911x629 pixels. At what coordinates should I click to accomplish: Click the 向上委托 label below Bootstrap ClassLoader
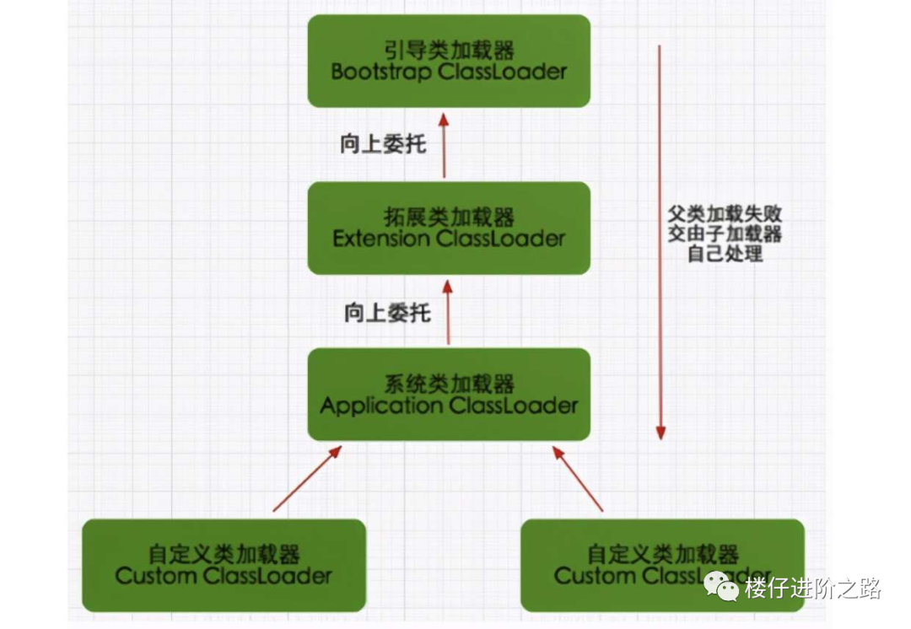383,144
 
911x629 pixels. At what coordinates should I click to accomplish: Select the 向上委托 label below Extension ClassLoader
387,314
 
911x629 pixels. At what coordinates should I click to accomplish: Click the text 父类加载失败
725,214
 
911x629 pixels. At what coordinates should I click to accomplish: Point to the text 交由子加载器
725,234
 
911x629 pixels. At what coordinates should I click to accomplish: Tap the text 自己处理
725,253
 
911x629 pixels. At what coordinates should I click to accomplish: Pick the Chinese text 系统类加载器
449,384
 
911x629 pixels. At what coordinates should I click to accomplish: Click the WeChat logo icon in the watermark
723,584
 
